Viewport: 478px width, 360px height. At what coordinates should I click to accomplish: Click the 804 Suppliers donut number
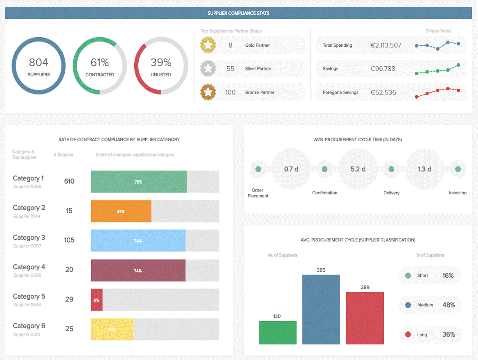coord(38,63)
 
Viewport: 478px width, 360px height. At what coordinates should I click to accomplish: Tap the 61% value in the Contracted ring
coord(99,63)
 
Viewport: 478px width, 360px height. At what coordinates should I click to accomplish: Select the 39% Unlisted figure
coord(161,63)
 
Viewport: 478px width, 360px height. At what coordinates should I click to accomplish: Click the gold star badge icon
coord(208,45)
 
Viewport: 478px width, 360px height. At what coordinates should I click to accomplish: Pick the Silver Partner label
coord(258,69)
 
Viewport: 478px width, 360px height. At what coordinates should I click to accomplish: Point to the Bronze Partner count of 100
coord(230,92)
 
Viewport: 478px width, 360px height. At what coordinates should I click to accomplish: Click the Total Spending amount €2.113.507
coord(386,45)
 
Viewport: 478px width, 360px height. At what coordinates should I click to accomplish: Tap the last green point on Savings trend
coord(458,65)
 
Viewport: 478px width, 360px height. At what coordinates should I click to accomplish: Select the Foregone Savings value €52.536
coord(383,92)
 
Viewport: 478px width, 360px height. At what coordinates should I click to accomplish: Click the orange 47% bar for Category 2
coord(121,211)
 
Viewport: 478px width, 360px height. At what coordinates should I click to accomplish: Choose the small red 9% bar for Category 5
coord(97,300)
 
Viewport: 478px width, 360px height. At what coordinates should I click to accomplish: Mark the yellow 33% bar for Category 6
coord(112,329)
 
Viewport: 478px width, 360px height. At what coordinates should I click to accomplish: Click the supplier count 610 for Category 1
coord(69,181)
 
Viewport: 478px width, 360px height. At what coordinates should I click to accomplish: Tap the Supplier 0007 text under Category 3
coord(27,246)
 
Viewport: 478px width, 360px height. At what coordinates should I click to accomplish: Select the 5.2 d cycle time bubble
coord(358,169)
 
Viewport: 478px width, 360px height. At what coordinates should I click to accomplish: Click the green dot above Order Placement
coord(258,169)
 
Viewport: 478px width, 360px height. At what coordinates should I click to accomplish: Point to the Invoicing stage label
coord(458,193)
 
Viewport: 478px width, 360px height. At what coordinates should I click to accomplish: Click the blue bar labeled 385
coord(321,309)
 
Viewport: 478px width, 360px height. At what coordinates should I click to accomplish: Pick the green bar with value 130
coord(277,332)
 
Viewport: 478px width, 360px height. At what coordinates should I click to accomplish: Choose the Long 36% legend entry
coord(430,335)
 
